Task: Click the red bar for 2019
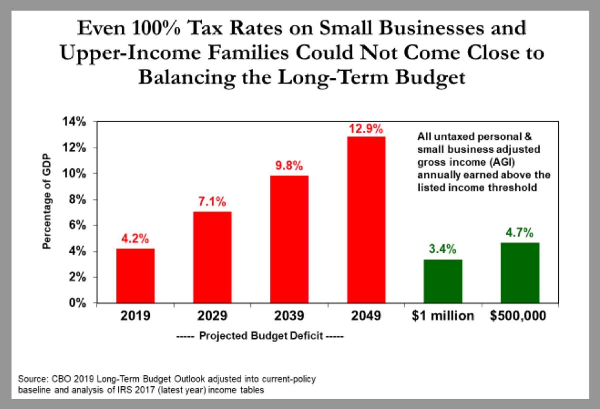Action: (x=135, y=276)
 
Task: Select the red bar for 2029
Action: (x=212, y=257)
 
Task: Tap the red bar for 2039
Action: (x=289, y=239)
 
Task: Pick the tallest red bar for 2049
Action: (x=366, y=220)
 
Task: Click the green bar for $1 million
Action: (x=443, y=281)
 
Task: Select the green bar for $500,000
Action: (x=520, y=273)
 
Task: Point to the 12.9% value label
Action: (x=366, y=129)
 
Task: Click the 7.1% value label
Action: (x=212, y=202)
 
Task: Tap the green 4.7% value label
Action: (x=520, y=233)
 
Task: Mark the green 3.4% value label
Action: (x=443, y=249)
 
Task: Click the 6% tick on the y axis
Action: (x=77, y=226)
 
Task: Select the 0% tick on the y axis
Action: (x=77, y=303)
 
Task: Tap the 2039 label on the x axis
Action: (x=289, y=316)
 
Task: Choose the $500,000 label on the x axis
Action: (x=518, y=316)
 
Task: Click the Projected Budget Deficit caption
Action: (x=261, y=336)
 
